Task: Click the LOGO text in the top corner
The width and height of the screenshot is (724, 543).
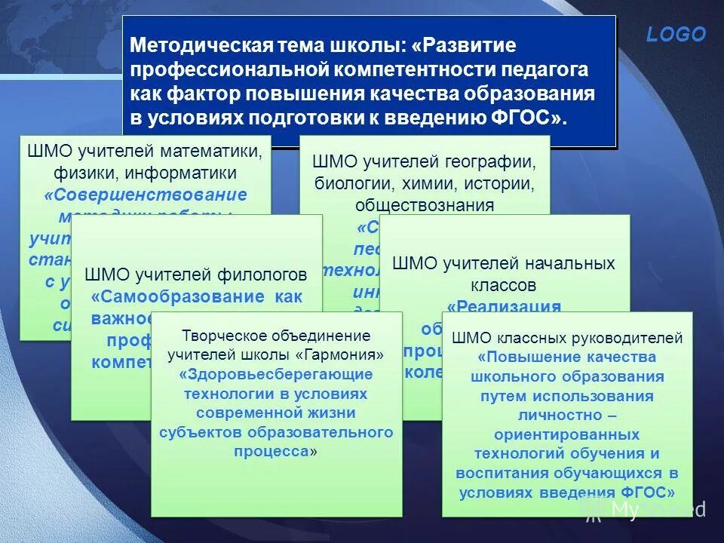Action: click(676, 35)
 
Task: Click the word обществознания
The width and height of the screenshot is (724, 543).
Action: click(425, 204)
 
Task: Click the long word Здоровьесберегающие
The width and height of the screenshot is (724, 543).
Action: click(276, 374)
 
